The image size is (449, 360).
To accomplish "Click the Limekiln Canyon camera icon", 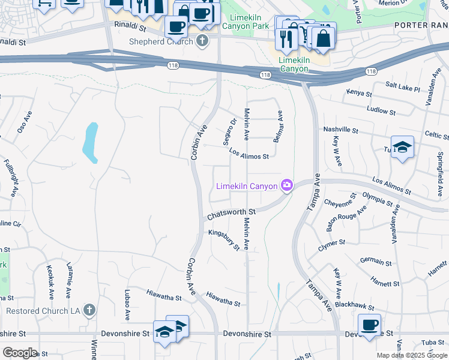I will click(288, 186).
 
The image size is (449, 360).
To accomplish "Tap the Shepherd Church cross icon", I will click(202, 41).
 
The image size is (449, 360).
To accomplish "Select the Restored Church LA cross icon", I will click(89, 310).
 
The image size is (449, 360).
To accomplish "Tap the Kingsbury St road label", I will click(224, 239).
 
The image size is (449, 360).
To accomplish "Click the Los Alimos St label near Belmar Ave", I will click(249, 154).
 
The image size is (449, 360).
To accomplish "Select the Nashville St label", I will click(340, 130).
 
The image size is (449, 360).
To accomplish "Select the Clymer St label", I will click(332, 245).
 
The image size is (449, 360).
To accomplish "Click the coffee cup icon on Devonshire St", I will click(369, 325).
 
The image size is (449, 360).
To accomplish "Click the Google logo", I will click(19, 352).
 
